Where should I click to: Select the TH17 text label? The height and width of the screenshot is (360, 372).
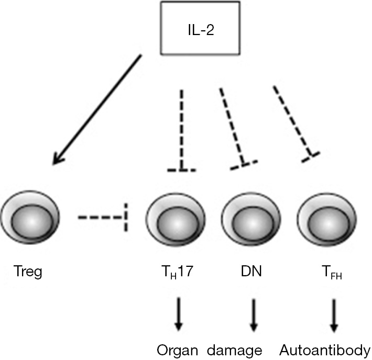[x=177, y=273]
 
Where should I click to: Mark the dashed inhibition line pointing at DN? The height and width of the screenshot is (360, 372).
[x=232, y=126]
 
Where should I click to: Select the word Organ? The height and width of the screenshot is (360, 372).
[x=180, y=350]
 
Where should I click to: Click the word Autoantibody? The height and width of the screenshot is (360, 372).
[x=325, y=350]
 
